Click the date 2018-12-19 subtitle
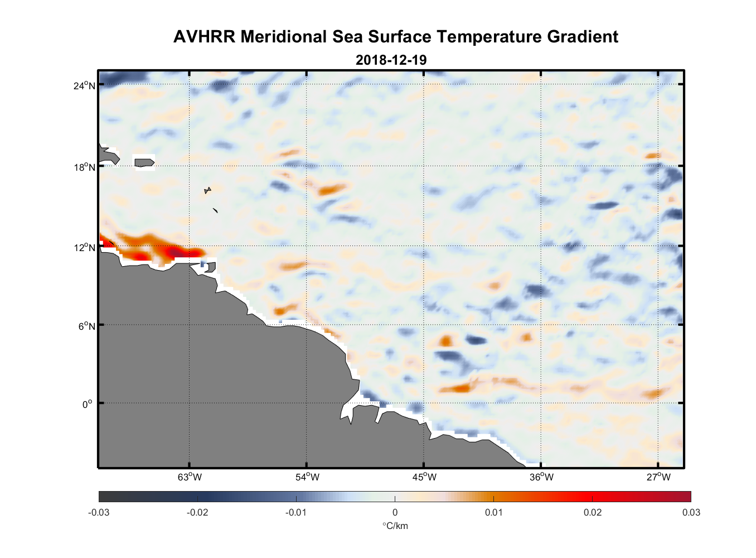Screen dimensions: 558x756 click(391, 60)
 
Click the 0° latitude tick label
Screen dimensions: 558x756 click(88, 404)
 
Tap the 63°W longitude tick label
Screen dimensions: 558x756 click(190, 477)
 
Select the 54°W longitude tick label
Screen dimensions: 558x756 click(307, 477)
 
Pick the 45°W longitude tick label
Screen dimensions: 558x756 click(424, 477)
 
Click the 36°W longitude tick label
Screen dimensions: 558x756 click(541, 477)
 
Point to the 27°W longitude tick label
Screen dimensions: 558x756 click(658, 477)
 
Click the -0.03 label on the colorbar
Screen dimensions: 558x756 click(99, 512)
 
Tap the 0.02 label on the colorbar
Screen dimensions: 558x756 click(593, 512)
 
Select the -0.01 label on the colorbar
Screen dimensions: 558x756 click(296, 512)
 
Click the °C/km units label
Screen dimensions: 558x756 click(395, 526)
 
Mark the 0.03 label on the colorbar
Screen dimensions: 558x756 click(691, 512)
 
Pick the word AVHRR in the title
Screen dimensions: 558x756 click(205, 37)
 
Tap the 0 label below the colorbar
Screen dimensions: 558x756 click(395, 512)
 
